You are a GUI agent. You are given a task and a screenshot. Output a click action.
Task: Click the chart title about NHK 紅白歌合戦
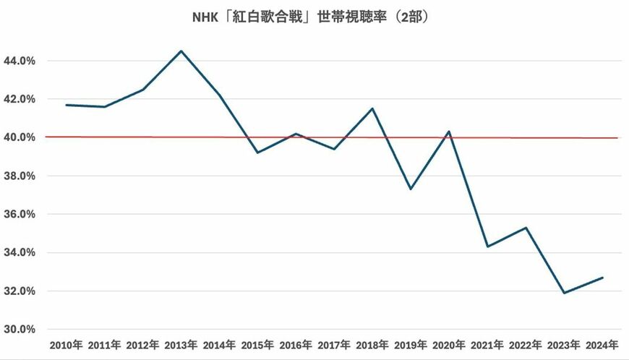click(x=314, y=16)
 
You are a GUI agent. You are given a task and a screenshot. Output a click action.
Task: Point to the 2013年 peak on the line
click(x=181, y=51)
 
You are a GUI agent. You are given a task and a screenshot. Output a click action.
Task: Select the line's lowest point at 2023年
click(x=564, y=293)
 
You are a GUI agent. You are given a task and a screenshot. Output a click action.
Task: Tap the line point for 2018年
click(x=372, y=108)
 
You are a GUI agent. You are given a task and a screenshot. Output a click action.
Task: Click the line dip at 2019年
click(x=411, y=189)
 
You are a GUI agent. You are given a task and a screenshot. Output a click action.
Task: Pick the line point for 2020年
click(x=449, y=132)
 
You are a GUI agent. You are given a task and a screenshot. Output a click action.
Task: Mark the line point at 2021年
click(x=487, y=247)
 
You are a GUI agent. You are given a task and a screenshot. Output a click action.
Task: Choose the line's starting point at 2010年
click(x=67, y=105)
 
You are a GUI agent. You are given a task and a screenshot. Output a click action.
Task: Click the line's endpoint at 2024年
click(x=602, y=278)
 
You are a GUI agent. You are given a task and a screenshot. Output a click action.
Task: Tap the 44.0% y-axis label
click(x=20, y=61)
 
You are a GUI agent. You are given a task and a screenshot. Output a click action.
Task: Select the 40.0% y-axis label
click(x=20, y=137)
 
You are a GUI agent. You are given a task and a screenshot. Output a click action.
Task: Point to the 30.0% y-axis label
click(x=20, y=329)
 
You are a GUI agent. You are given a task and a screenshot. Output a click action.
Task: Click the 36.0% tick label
click(x=20, y=214)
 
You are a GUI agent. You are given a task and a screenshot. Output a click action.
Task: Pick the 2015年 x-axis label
click(x=257, y=344)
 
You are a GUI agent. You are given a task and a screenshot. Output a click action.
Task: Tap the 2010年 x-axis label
click(x=66, y=344)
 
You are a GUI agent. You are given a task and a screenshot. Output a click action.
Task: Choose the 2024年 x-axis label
click(x=602, y=344)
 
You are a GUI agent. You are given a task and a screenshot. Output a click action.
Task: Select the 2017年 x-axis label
click(x=334, y=344)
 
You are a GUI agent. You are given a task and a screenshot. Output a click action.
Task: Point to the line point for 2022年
click(x=526, y=228)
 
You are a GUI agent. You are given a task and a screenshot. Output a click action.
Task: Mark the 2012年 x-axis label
click(x=142, y=344)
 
